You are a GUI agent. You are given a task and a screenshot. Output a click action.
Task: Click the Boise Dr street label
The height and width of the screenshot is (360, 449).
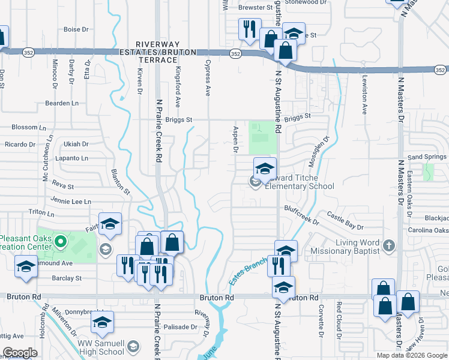click(76, 29)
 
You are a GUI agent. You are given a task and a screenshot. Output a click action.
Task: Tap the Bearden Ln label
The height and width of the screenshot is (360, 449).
click(62, 103)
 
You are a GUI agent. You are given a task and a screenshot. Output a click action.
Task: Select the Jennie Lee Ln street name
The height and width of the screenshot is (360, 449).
click(71, 202)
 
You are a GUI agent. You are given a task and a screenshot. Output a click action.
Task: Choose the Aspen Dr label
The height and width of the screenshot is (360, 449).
click(235, 139)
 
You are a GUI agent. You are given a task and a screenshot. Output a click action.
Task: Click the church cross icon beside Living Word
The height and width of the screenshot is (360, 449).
click(389, 245)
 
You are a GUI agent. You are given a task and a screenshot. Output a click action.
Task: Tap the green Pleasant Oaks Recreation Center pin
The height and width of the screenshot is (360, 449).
click(59, 242)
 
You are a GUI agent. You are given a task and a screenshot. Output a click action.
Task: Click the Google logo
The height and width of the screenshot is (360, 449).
click(20, 353)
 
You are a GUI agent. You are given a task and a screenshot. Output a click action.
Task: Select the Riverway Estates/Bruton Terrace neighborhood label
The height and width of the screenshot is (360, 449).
click(166, 52)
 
